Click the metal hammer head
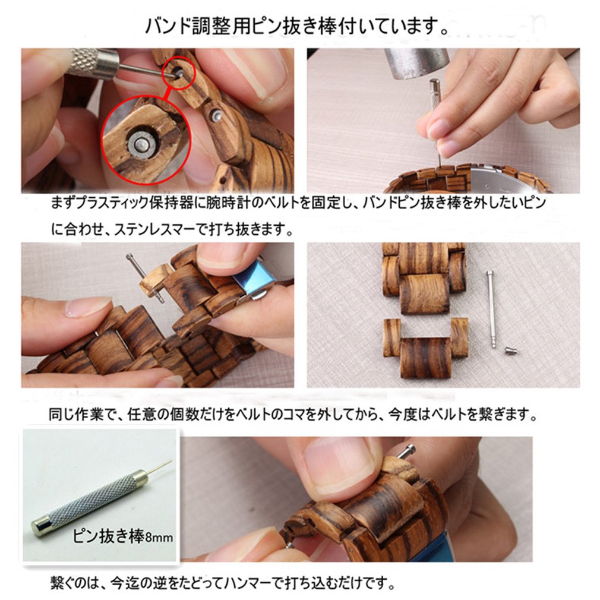coord(416,63)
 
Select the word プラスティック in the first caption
coord(113,203)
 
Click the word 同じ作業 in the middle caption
coord(76,415)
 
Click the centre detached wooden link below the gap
coord(426,358)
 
